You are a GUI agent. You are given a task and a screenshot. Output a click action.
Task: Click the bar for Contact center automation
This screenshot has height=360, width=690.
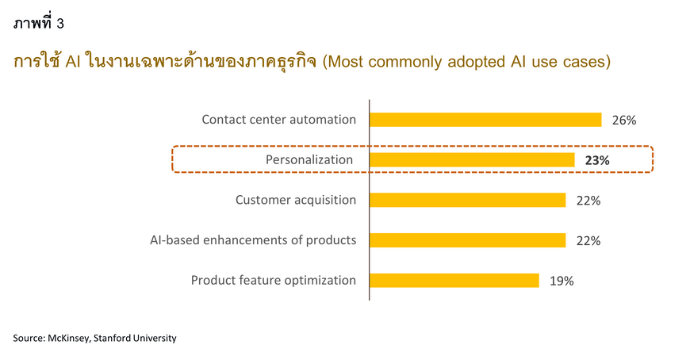485,120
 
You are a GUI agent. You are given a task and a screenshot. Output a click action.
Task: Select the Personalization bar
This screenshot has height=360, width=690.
472,159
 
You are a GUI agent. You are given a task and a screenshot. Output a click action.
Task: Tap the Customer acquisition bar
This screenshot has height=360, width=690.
468,200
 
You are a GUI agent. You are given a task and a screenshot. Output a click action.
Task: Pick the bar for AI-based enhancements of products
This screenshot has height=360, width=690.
468,240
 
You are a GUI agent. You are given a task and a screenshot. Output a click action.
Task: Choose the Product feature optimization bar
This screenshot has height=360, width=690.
454,281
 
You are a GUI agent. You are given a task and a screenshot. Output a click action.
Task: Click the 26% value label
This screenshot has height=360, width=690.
624,121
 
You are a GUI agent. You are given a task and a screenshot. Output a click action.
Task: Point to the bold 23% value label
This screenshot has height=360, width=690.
597,161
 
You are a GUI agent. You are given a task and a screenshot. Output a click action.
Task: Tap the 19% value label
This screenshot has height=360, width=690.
562,281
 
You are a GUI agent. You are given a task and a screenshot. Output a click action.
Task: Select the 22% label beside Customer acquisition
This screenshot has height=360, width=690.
588,201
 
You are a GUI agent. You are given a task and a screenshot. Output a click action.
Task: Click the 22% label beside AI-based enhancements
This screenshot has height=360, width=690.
588,241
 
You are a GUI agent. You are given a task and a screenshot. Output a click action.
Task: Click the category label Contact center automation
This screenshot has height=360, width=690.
279,119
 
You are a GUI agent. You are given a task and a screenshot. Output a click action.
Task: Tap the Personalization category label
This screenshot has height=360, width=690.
309,159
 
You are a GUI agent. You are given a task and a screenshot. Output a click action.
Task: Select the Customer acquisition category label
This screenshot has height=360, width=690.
296,200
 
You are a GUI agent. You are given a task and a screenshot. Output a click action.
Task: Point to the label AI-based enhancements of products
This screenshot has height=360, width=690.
253,239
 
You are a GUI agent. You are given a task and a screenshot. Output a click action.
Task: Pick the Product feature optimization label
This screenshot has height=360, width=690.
274,281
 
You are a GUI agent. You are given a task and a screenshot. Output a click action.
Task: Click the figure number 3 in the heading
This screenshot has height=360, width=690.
60,23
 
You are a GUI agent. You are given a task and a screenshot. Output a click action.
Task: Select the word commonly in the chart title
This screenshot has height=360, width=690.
404,62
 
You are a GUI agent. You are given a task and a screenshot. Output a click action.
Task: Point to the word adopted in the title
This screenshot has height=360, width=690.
477,62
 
